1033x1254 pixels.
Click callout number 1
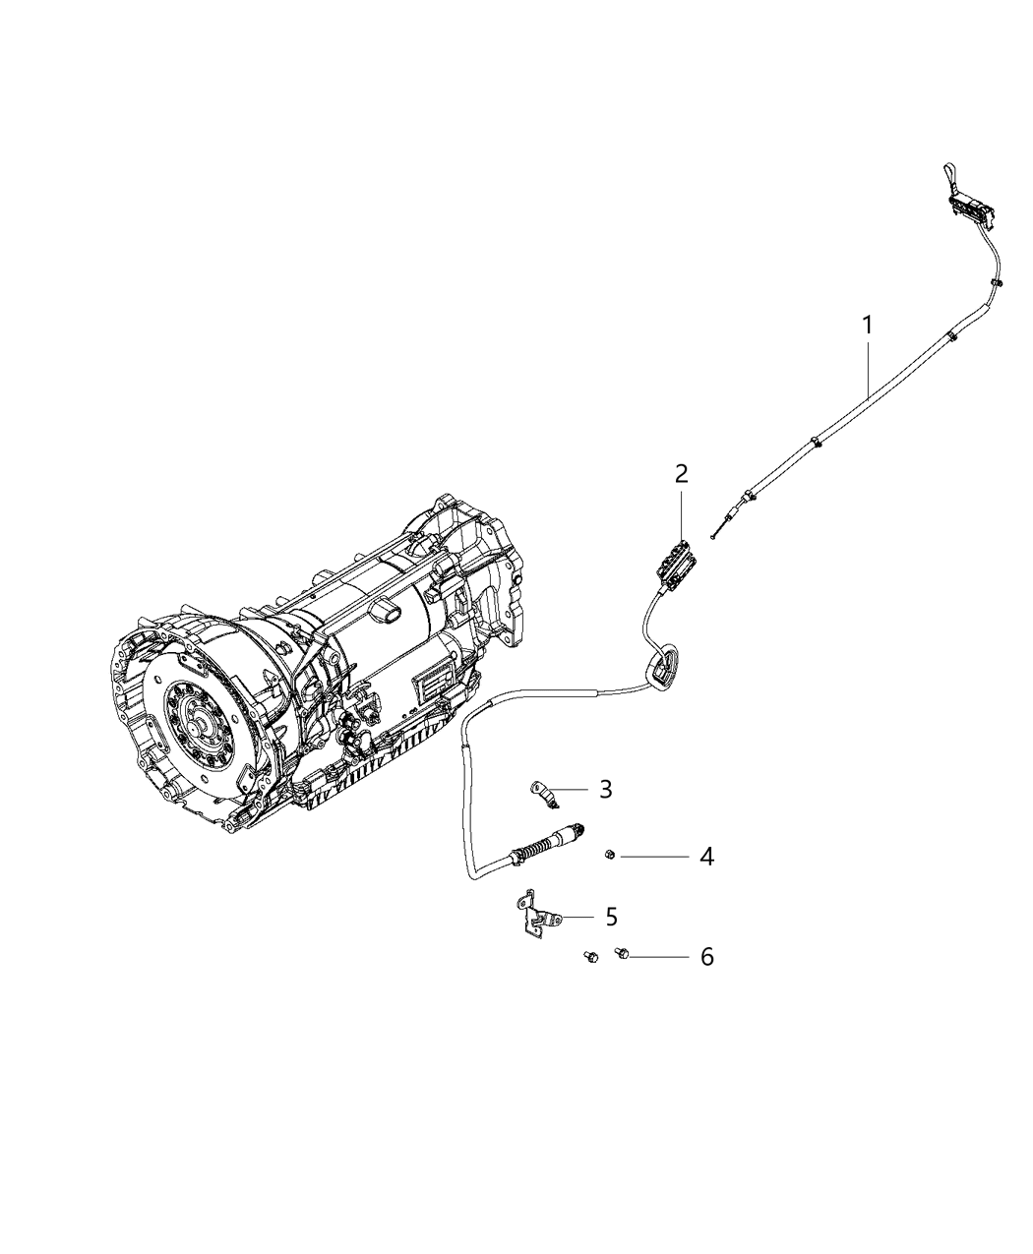(868, 324)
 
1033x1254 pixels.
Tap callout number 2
(681, 473)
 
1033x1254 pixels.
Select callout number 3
(606, 789)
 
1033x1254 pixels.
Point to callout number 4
(706, 857)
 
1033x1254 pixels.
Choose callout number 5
(611, 917)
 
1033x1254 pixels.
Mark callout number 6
(706, 956)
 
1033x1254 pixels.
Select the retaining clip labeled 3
(541, 793)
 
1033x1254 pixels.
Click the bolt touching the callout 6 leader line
(623, 952)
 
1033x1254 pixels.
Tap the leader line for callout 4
(654, 857)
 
